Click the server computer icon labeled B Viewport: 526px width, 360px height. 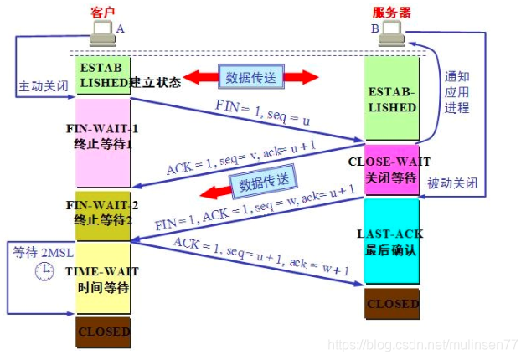click(x=391, y=33)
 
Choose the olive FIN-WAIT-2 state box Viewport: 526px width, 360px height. click(x=103, y=215)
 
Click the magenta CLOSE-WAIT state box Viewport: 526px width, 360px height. click(x=392, y=170)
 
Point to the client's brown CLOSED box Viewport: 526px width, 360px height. click(x=103, y=332)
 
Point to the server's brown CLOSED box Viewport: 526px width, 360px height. click(x=392, y=304)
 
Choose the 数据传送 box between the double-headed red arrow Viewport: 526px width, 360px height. click(x=251, y=77)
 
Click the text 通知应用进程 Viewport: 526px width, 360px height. click(x=458, y=91)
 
